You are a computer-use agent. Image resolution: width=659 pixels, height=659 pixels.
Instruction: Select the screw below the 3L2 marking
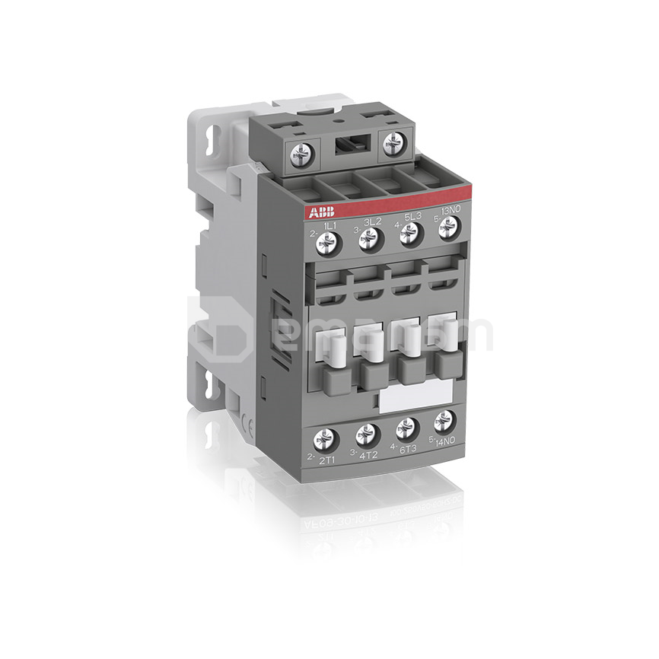point(369,240)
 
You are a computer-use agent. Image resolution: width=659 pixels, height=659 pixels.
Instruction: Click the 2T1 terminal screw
point(326,438)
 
